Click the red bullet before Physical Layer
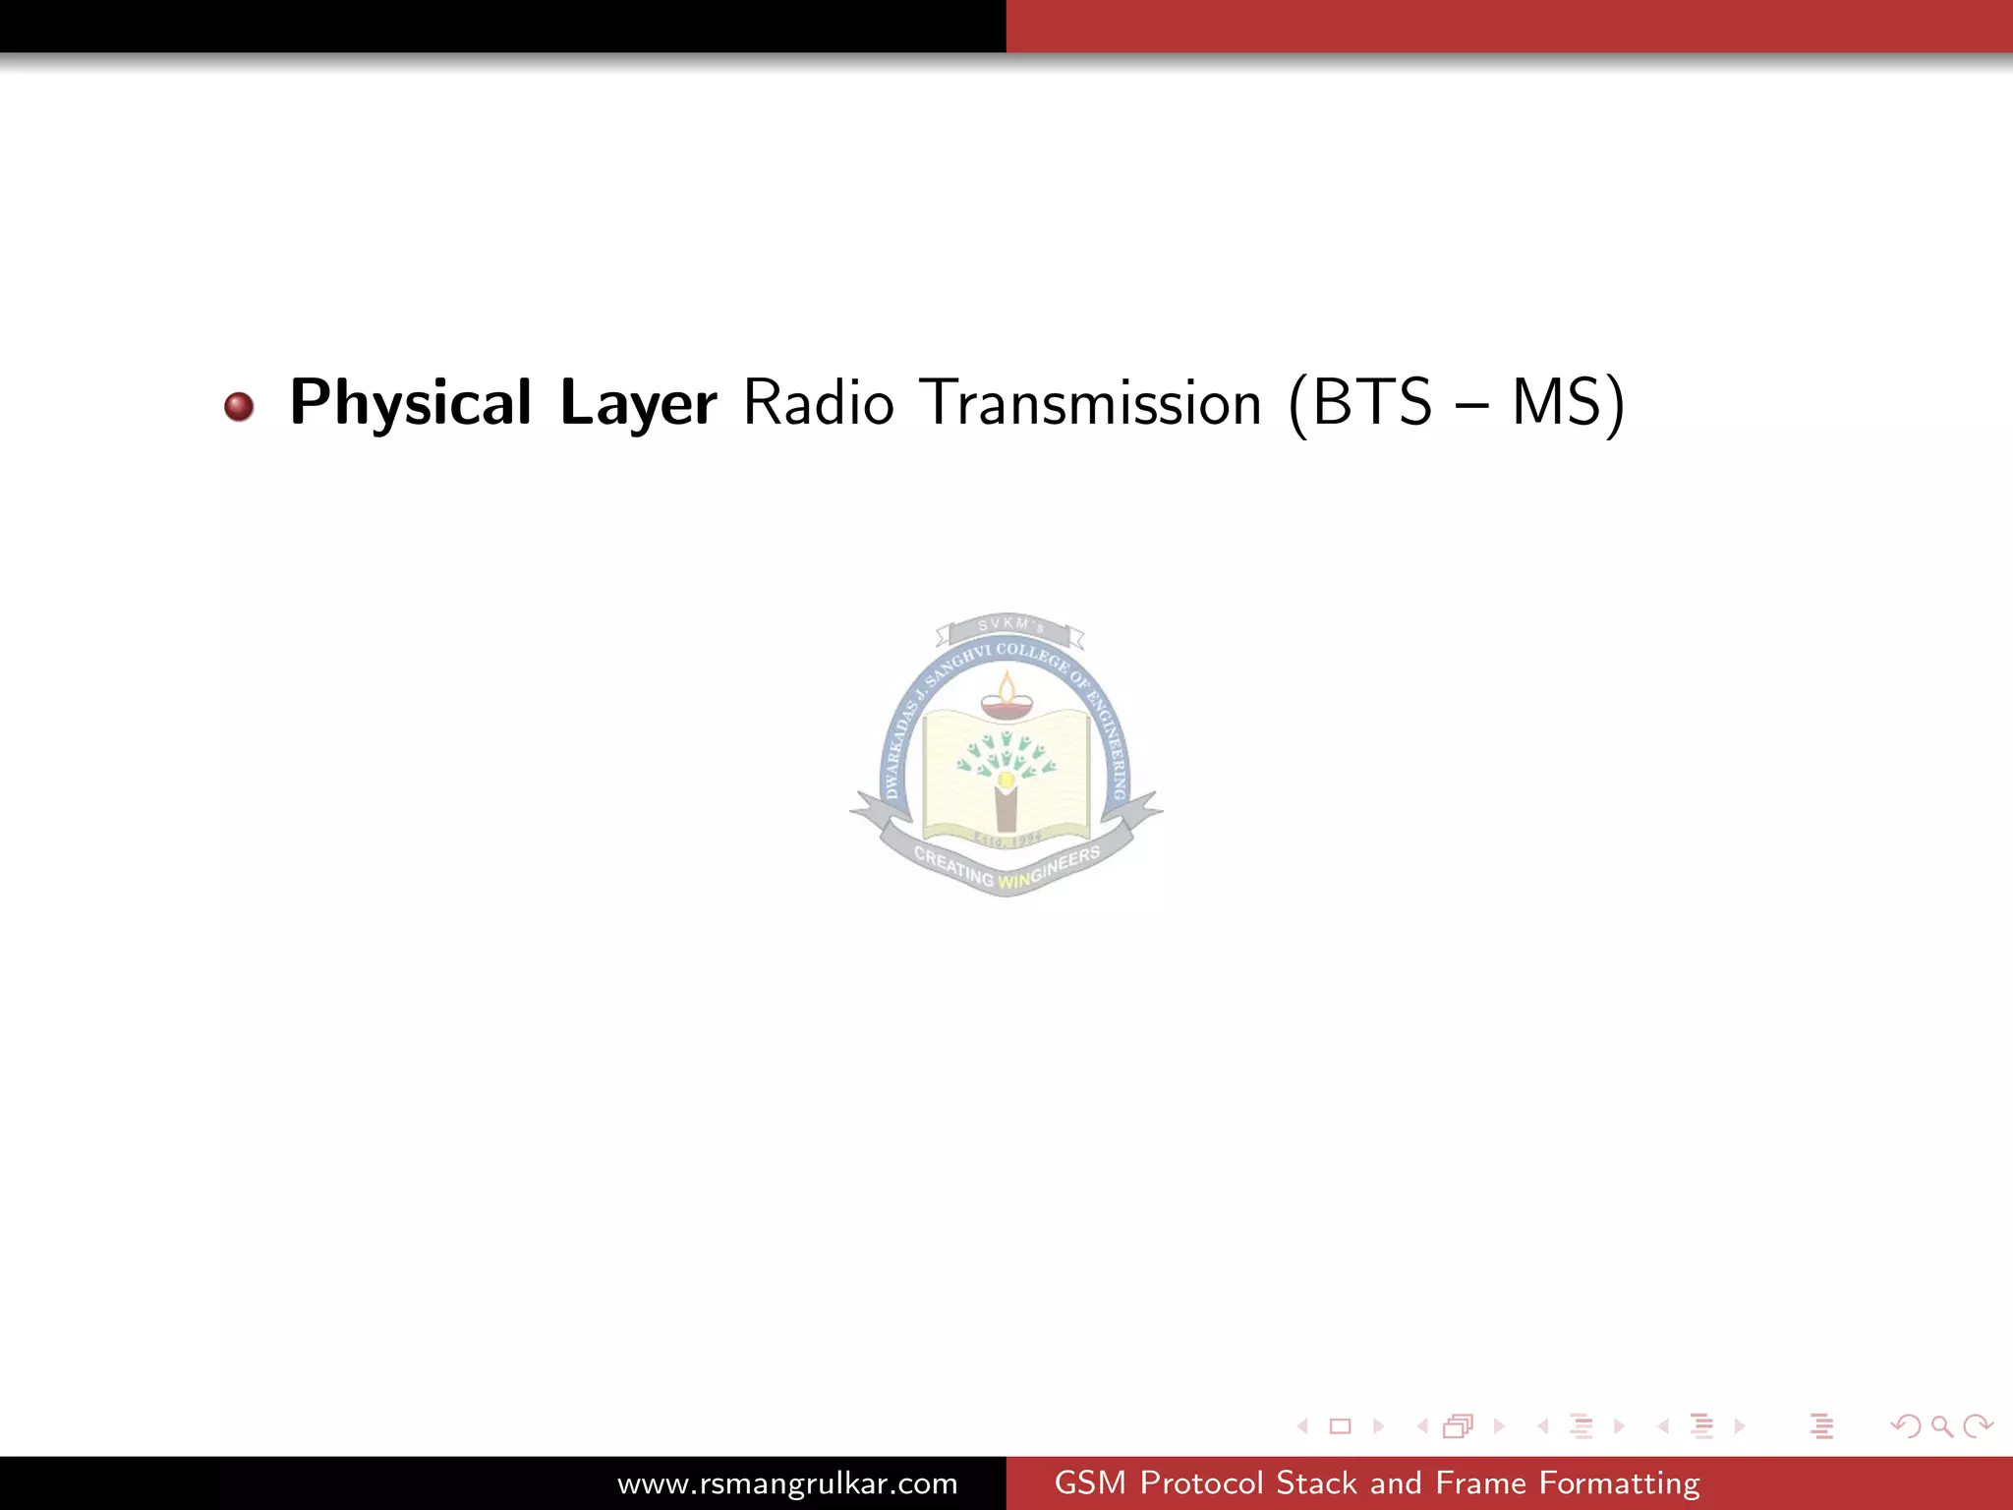click(x=239, y=406)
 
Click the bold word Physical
click(x=410, y=403)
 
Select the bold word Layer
click(x=638, y=403)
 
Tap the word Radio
click(x=818, y=403)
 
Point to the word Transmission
click(x=1094, y=403)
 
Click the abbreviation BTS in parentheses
click(x=1372, y=403)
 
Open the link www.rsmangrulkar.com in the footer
click(x=787, y=1483)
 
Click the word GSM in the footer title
click(x=1089, y=1483)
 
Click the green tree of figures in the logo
click(x=1006, y=757)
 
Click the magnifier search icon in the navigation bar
click(x=1941, y=1425)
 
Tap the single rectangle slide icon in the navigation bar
click(x=1340, y=1425)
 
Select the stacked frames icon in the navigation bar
click(x=1459, y=1425)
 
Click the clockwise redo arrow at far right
click(x=1977, y=1425)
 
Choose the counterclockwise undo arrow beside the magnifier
click(x=1906, y=1425)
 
